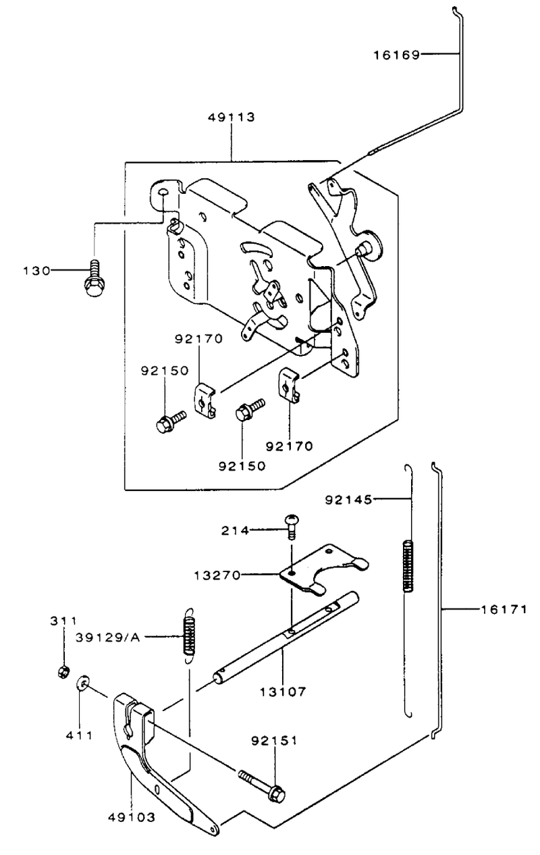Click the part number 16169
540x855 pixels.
(396, 55)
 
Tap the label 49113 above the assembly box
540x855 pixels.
(232, 118)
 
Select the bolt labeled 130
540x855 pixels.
(94, 278)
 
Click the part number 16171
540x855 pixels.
(504, 610)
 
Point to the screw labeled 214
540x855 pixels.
(292, 527)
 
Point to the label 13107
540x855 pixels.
(283, 692)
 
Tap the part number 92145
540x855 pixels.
(348, 500)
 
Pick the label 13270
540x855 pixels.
(217, 575)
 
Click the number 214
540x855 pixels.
(235, 531)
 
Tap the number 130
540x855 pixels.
(36, 271)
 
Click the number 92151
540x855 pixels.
(274, 741)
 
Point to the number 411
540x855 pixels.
(80, 735)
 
